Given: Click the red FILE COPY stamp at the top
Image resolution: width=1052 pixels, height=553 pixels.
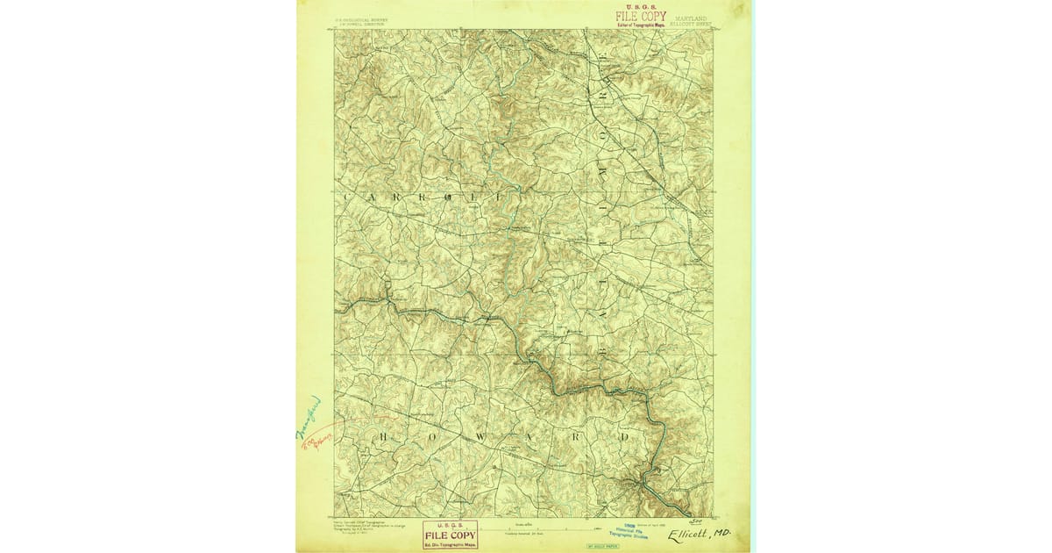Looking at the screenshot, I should [x=640, y=17].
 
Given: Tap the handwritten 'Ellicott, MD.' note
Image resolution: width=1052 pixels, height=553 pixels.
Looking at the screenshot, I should [x=698, y=534].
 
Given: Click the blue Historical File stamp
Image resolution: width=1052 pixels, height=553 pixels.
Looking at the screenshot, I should [x=636, y=533].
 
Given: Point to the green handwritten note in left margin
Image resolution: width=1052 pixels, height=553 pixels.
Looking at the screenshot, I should [x=308, y=417].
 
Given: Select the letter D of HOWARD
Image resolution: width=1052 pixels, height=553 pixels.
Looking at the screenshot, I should [x=625, y=436].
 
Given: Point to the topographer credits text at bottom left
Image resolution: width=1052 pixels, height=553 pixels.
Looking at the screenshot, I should [x=364, y=526].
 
